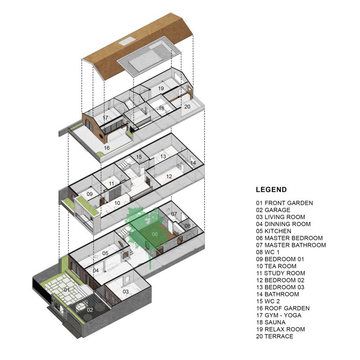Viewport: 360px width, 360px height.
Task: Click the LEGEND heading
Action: tap(271, 190)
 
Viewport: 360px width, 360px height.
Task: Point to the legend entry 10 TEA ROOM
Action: tap(276, 266)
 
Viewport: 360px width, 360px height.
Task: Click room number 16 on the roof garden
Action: tap(107, 148)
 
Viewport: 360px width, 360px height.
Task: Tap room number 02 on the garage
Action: tap(90, 310)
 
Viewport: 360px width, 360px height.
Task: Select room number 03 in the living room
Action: tap(126, 292)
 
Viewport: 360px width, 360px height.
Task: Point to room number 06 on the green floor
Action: tap(154, 234)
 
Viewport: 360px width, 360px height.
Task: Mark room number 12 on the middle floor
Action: tap(169, 177)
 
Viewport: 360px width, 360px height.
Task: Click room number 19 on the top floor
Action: tap(161, 89)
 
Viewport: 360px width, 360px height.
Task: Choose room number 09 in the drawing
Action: tap(90, 194)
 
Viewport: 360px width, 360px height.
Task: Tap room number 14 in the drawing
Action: tap(193, 162)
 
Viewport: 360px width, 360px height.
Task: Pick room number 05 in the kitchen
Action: tap(105, 253)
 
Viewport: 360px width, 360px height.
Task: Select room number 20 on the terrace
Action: tap(187, 106)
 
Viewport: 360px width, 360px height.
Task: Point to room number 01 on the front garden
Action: tap(67, 290)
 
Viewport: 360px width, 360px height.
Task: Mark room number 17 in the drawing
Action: tap(105, 118)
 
